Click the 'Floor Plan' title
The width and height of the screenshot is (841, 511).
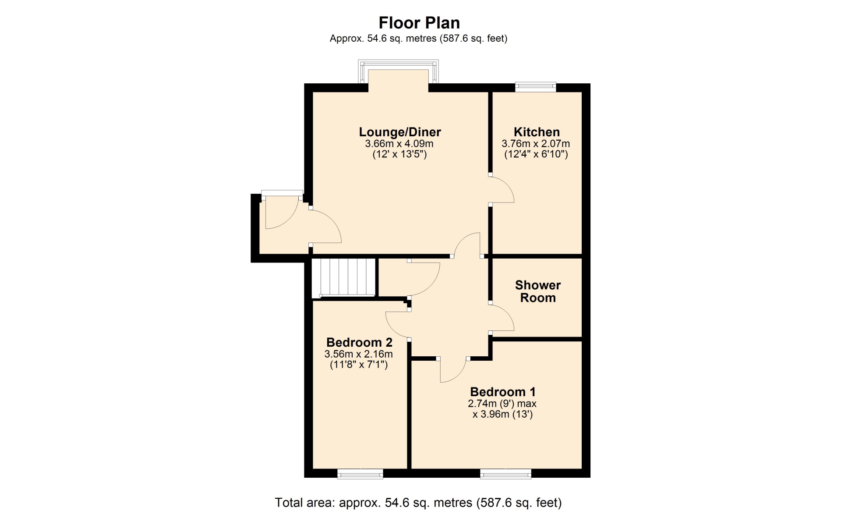tap(419, 22)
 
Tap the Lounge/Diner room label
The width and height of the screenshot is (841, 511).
tap(400, 132)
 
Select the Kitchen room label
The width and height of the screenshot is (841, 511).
tap(537, 132)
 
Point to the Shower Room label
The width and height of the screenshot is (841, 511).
tap(538, 291)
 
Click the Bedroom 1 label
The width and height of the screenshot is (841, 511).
tap(503, 391)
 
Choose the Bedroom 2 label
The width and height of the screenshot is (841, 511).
tap(359, 342)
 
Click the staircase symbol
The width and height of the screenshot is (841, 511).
tap(344, 277)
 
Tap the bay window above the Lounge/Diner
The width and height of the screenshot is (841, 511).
tap(398, 71)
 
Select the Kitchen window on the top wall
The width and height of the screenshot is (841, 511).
tap(535, 87)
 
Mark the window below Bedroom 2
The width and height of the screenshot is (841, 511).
tap(360, 474)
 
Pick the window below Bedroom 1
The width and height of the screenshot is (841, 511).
tap(505, 474)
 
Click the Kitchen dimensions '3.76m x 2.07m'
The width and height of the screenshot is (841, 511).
tap(536, 143)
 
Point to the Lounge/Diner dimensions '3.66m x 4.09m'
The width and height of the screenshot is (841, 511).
tap(399, 143)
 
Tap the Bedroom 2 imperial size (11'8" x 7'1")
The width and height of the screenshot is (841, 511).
tap(359, 365)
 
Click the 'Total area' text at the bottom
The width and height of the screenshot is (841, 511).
tap(418, 502)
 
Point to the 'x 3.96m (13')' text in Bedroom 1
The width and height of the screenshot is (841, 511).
tap(502, 414)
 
